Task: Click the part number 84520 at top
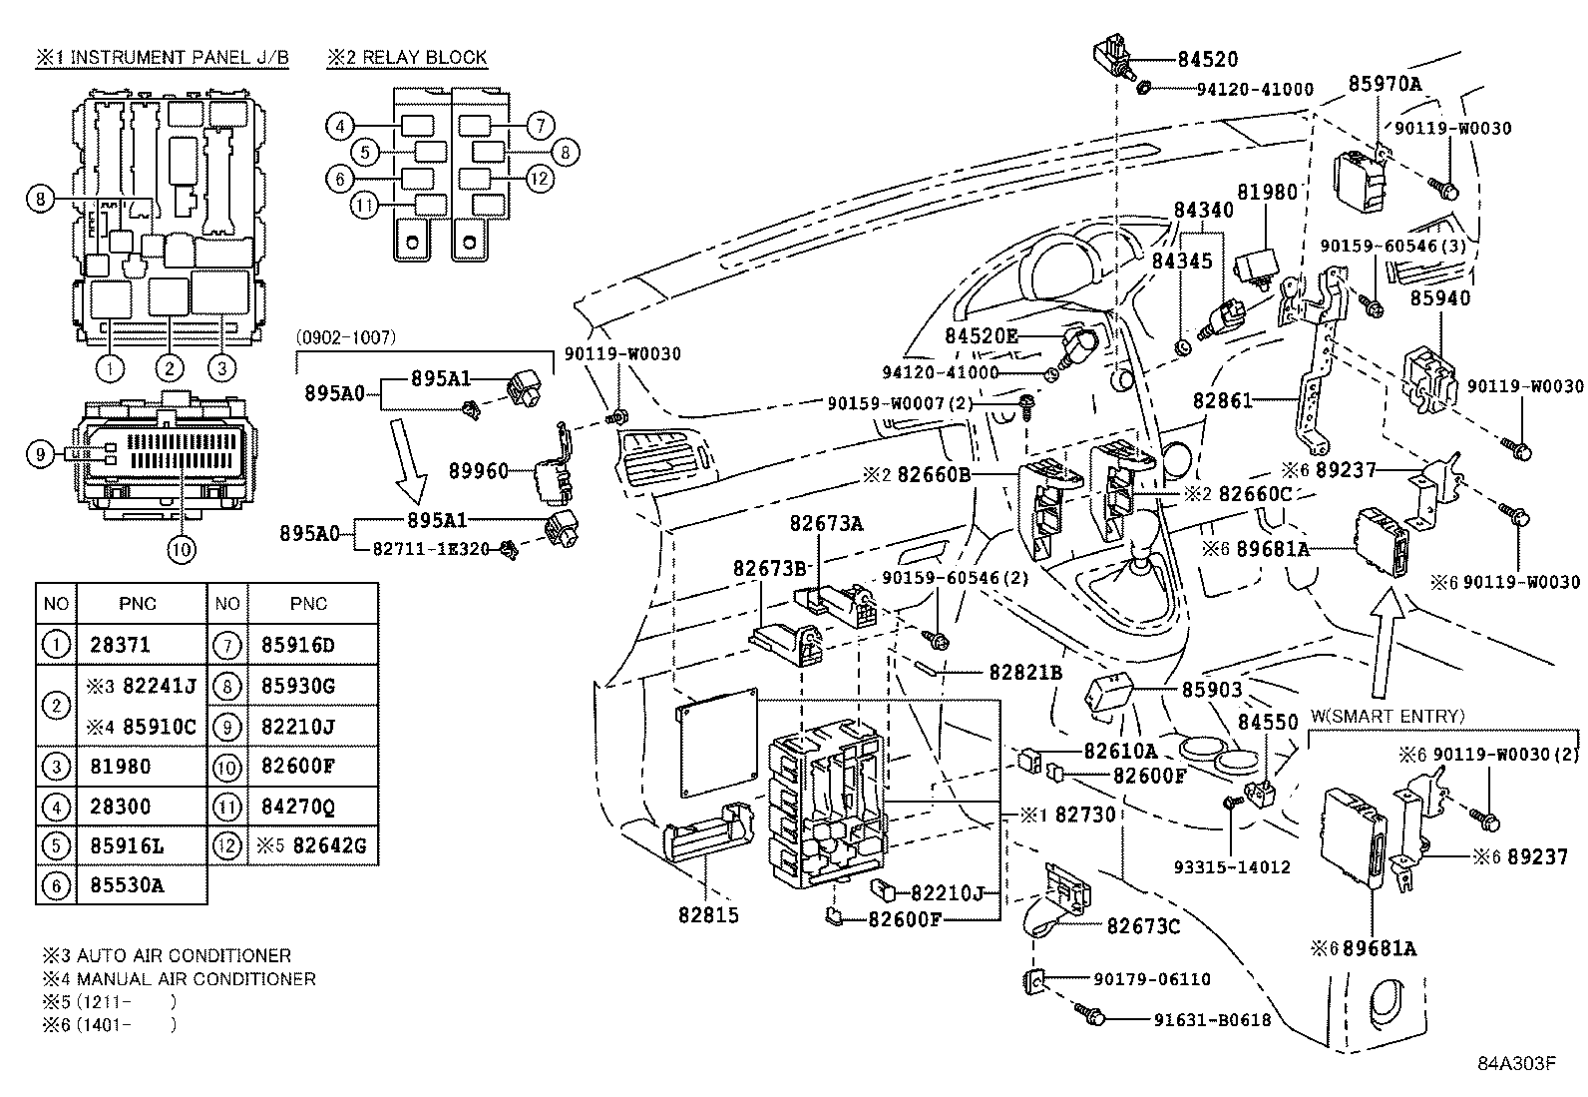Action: [1207, 59]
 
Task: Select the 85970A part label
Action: [1385, 84]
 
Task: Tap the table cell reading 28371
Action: [120, 645]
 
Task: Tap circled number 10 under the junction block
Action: [182, 547]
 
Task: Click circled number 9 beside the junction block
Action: [40, 454]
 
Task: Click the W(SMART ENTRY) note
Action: [1387, 716]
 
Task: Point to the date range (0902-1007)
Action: [346, 337]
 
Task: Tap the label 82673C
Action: [1143, 926]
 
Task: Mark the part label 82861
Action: [1222, 400]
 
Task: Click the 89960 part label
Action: [479, 470]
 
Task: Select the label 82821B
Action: [1025, 673]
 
